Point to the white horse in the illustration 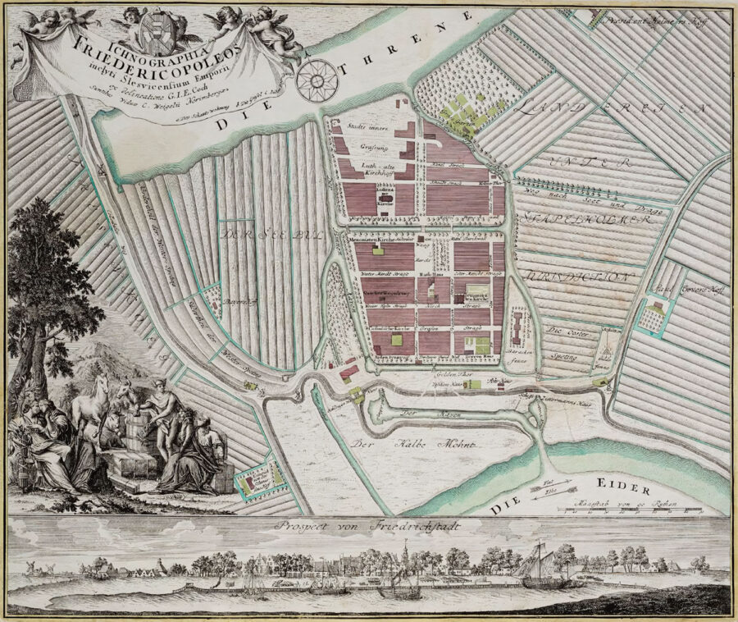pyautogui.click(x=102, y=401)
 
